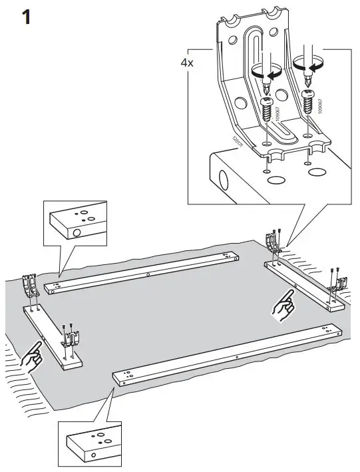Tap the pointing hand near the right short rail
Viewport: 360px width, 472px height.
[x=284, y=306]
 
